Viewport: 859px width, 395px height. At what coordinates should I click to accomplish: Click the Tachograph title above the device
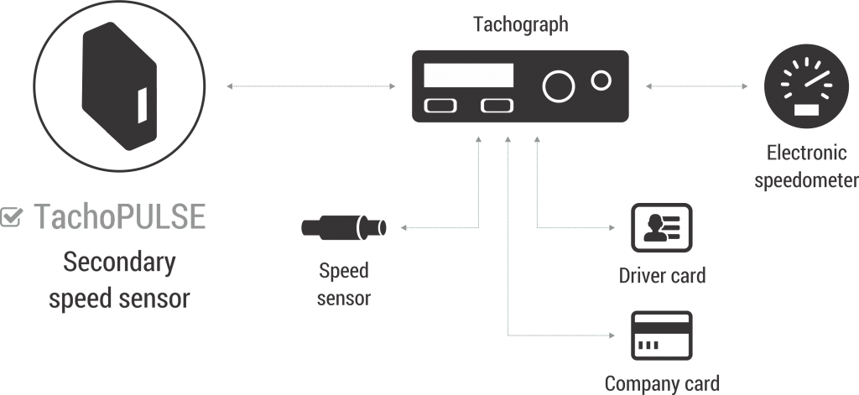521,24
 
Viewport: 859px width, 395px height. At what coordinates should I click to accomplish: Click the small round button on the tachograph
601,81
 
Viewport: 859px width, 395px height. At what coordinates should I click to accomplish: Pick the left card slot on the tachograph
440,107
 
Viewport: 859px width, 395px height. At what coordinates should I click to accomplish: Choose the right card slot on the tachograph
497,107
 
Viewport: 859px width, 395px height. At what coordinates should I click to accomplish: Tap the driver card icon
661,227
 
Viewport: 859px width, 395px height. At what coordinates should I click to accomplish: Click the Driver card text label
662,274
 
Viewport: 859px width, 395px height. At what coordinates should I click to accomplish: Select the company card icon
661,335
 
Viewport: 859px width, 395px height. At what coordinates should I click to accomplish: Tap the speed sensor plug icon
344,227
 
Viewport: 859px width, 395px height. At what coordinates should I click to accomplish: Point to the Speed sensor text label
344,283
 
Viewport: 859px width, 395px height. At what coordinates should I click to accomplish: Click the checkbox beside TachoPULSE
13,217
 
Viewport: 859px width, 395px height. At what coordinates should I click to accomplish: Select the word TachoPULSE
119,217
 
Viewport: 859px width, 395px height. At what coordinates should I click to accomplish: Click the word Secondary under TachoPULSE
119,263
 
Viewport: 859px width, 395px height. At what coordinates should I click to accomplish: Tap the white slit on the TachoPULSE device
143,104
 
